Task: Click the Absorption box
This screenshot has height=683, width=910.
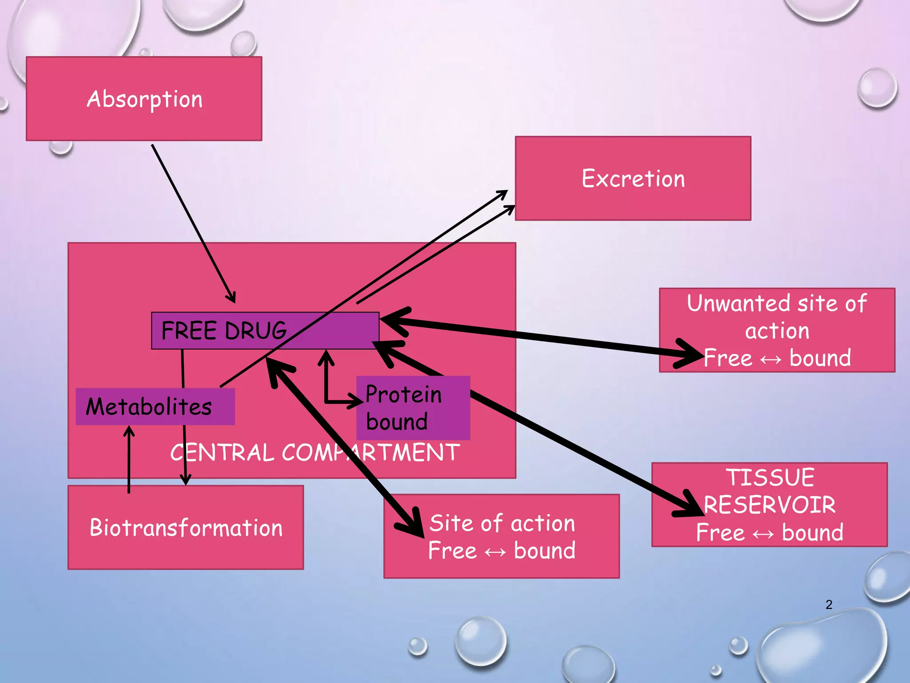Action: coord(144,99)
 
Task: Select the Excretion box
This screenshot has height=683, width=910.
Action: coord(633,178)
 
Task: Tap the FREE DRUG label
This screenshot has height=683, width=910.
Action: coord(224,330)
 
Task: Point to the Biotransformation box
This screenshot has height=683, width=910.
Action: coord(186,527)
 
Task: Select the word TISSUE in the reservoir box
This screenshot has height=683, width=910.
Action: coord(770,478)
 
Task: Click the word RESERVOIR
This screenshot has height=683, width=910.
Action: coord(770,505)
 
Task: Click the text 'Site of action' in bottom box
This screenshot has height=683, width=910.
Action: coord(502,523)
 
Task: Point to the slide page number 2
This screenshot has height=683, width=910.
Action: coord(829,604)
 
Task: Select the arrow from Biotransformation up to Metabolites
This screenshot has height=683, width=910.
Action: coord(129,458)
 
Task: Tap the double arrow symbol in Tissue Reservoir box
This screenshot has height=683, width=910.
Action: coord(763,534)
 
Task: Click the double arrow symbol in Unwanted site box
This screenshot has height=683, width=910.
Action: coord(771,359)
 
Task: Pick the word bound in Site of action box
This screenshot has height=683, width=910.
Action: coord(545,550)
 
